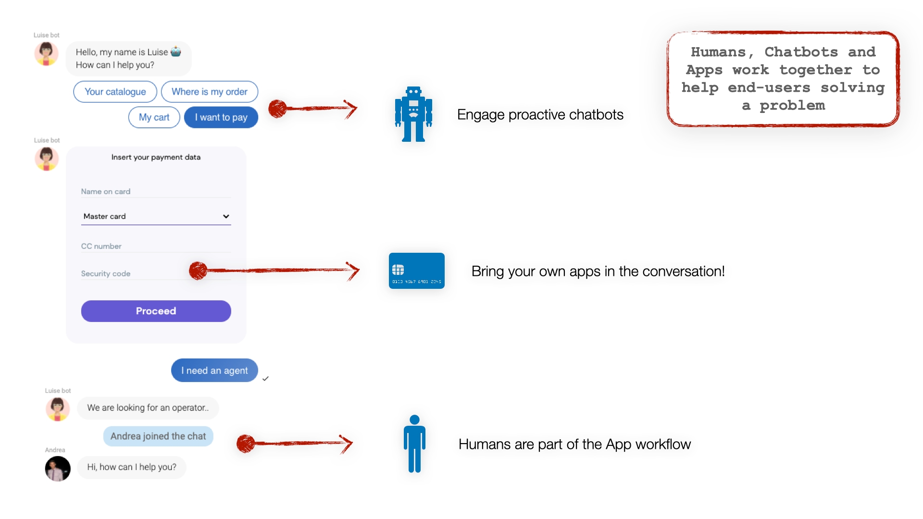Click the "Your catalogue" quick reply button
115,92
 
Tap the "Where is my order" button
209,92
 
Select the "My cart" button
154,117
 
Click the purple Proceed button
156,311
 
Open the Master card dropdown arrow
226,216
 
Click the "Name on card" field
155,191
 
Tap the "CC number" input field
155,246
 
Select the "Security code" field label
106,273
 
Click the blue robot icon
413,114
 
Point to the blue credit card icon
416,271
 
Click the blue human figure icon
414,444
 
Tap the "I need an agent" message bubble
214,371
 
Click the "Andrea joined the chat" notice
158,436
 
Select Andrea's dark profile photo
58,469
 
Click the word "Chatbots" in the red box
801,52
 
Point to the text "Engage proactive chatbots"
540,114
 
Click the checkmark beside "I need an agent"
265,379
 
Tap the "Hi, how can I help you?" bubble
131,467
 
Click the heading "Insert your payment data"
156,157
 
